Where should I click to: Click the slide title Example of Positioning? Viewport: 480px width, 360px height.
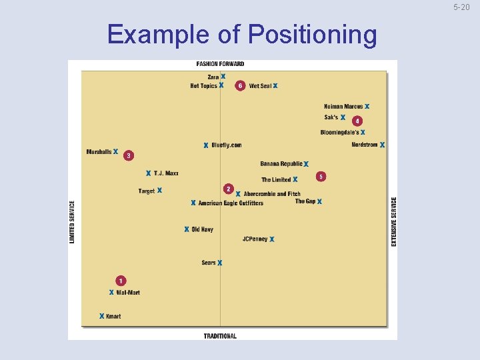click(241, 34)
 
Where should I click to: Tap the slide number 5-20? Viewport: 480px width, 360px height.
click(461, 7)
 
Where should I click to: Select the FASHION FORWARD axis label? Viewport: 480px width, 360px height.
click(220, 64)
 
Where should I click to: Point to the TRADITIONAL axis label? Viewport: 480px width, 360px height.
click(220, 335)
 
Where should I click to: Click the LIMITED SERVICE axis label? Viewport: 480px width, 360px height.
click(73, 222)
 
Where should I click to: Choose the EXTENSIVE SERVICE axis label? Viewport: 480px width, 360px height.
click(393, 221)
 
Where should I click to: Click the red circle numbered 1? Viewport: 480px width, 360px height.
click(121, 281)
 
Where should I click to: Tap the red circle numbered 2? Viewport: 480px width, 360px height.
click(228, 189)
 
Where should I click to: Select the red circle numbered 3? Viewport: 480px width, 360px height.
click(129, 155)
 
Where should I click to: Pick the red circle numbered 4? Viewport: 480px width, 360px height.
click(357, 121)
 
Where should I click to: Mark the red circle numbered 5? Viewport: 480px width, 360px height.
click(321, 177)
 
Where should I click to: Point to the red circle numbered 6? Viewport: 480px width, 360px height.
click(240, 86)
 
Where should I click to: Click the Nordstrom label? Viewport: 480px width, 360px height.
click(365, 145)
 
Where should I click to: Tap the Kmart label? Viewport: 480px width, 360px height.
click(113, 316)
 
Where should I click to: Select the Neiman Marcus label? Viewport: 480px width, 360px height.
click(343, 106)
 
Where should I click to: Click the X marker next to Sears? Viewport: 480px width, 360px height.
click(219, 263)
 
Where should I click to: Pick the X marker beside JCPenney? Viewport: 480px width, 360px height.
click(272, 239)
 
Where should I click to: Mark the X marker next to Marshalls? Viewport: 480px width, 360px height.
click(116, 151)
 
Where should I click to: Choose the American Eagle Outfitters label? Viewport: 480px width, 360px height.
click(231, 203)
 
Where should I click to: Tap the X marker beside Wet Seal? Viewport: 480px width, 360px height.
click(275, 86)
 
